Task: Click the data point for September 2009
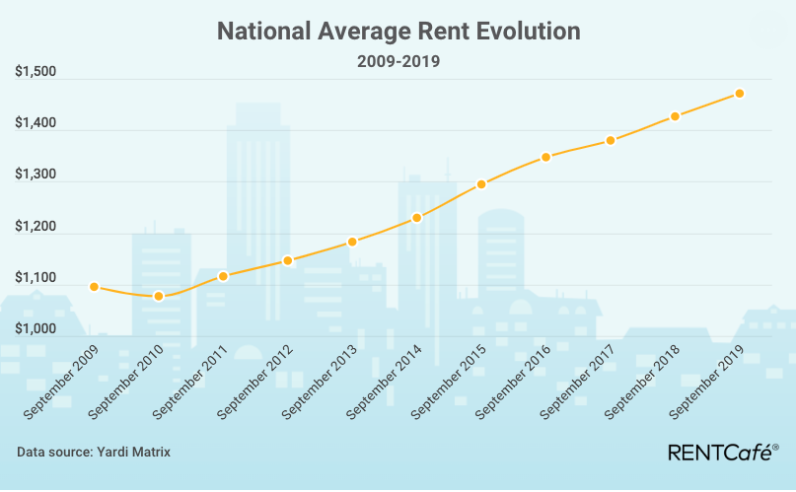pos(94,287)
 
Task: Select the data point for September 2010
pos(159,296)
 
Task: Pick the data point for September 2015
pos(481,184)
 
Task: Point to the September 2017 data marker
pos(611,140)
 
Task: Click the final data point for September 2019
pos(739,94)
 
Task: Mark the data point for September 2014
pos(417,218)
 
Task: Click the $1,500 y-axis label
pos(36,72)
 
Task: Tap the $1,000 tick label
pos(36,328)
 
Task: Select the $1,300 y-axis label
pos(36,175)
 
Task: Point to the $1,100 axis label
pos(36,277)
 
